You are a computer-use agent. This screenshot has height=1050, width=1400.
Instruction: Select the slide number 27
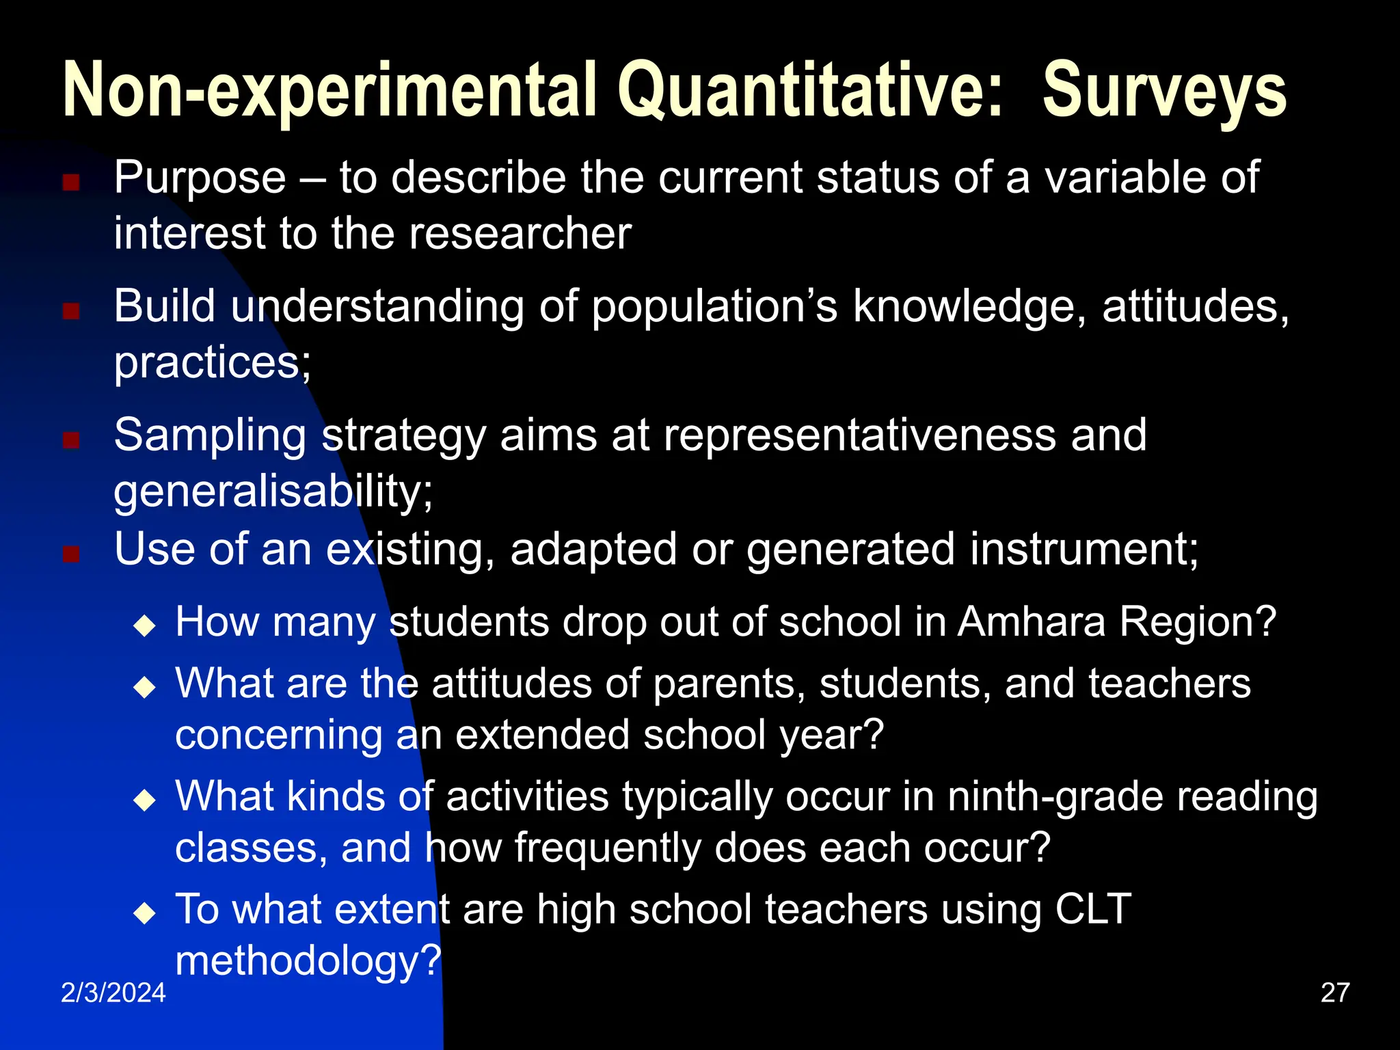pos(1335,993)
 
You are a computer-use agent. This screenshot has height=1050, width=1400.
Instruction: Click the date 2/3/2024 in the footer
pos(113,993)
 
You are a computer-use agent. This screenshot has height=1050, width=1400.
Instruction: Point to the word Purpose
pos(200,178)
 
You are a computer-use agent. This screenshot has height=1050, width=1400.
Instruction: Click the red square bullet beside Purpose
pos(71,183)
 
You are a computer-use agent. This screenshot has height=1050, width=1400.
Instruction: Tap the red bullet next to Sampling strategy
pos(71,440)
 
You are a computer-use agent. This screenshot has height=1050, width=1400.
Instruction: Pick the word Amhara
pos(1031,622)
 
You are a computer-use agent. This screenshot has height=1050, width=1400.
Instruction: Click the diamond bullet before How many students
pos(145,625)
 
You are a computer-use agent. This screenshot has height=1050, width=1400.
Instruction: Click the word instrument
pos(1077,549)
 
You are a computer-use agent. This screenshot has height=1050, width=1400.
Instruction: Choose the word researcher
pos(520,234)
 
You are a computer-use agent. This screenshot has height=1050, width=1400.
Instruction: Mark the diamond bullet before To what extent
pos(145,913)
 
